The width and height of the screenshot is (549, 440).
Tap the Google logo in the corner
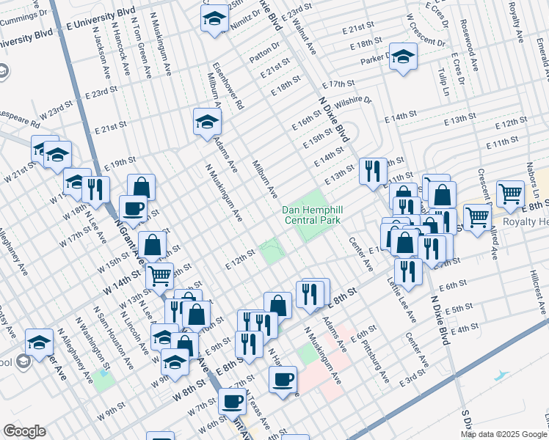tap(24, 431)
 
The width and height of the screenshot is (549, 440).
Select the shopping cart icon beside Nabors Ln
tap(509, 194)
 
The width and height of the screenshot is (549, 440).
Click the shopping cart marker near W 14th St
tap(159, 276)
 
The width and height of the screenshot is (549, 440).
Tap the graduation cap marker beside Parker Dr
tap(403, 57)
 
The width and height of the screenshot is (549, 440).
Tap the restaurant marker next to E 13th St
tap(373, 171)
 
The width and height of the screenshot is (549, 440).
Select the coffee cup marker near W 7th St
tap(232, 401)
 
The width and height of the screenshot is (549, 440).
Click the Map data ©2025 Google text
tap(503, 434)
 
